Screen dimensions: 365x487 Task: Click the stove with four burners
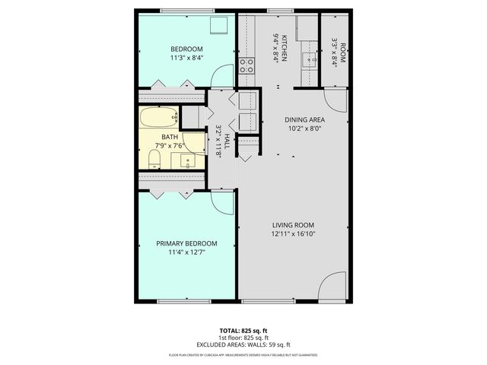[x=247, y=65]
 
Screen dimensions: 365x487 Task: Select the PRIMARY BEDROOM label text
[x=186, y=244]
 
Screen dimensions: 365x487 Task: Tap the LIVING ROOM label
[x=294, y=225]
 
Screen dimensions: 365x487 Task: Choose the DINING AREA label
[x=304, y=120]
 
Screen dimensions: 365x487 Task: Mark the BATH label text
[x=171, y=138]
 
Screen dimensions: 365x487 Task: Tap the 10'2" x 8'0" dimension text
[x=304, y=129]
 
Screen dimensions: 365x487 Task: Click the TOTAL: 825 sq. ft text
[x=243, y=331]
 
